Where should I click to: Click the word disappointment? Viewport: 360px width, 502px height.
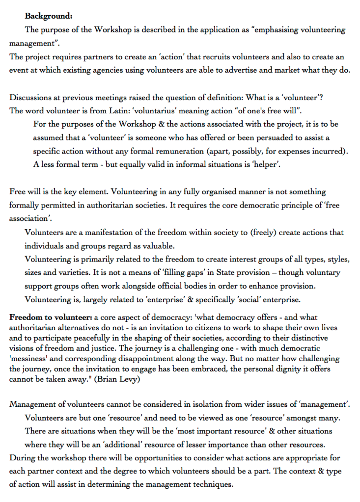tap(147, 359)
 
